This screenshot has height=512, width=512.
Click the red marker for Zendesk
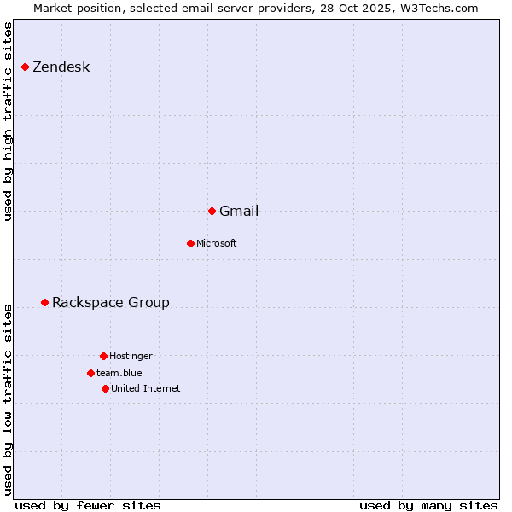pyautogui.click(x=25, y=67)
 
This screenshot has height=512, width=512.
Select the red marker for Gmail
pyautogui.click(x=212, y=211)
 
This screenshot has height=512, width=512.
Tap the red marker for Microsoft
pyautogui.click(x=190, y=243)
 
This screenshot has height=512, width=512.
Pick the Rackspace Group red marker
pyautogui.click(x=44, y=302)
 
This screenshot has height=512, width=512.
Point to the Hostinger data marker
pyautogui.click(x=103, y=356)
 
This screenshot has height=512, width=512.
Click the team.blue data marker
pyautogui.click(x=90, y=373)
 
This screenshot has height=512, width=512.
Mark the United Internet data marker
pyautogui.click(x=105, y=388)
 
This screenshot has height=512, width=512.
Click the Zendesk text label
pyautogui.click(x=61, y=67)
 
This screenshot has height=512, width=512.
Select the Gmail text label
pyautogui.click(x=239, y=212)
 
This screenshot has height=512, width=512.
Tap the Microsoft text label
pyautogui.click(x=217, y=244)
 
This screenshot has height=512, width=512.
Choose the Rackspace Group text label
pyautogui.click(x=111, y=303)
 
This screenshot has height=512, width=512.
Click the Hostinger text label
pyautogui.click(x=131, y=357)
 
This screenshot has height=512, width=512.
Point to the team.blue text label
pyautogui.click(x=119, y=374)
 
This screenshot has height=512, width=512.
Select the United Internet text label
pyautogui.click(x=146, y=389)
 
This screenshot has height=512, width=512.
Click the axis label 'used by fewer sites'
pyautogui.click(x=88, y=505)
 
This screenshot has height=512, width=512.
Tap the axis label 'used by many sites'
pyautogui.click(x=428, y=505)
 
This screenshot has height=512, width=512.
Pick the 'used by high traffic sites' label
pyautogui.click(x=9, y=121)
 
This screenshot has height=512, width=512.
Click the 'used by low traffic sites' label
pyautogui.click(x=9, y=399)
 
